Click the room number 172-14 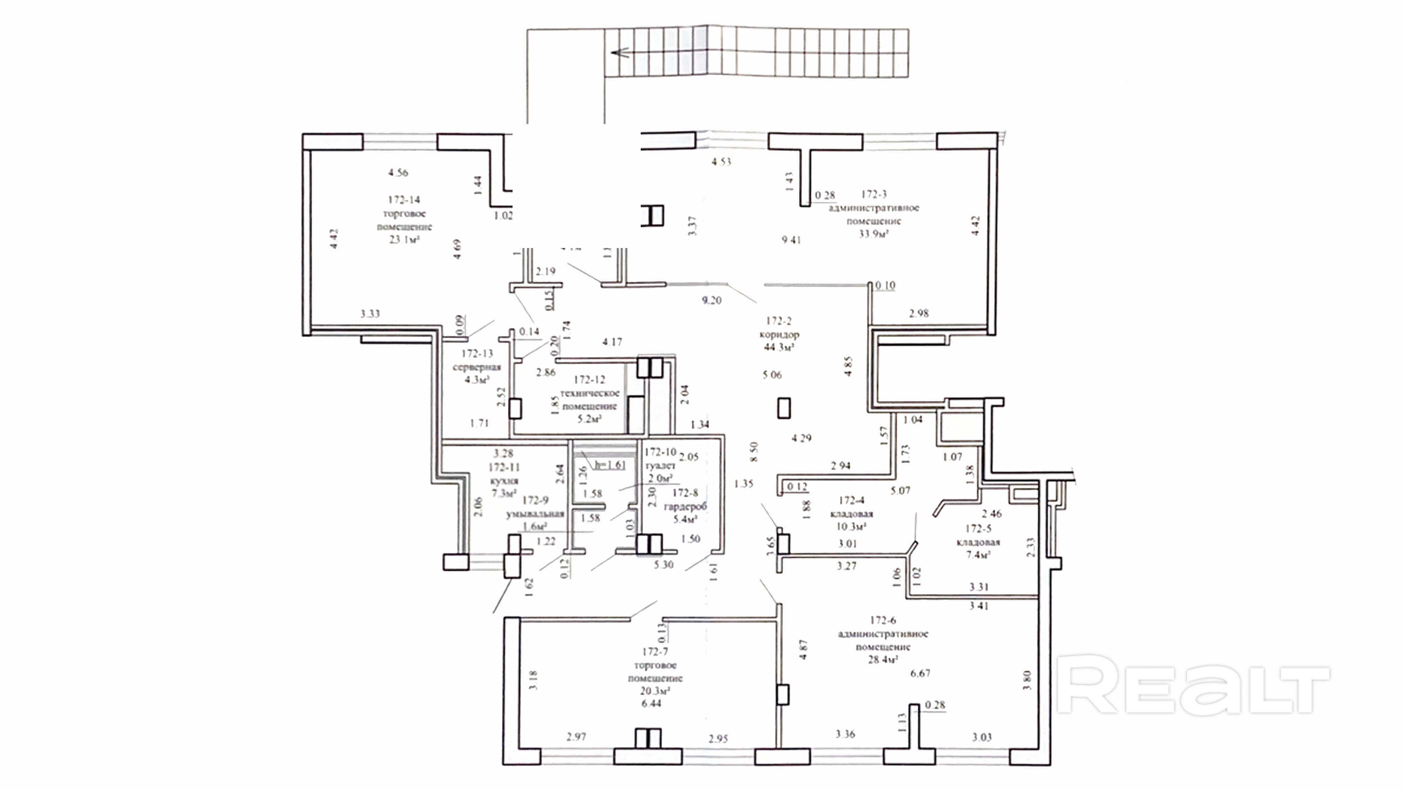(404, 200)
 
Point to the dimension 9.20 (711, 300)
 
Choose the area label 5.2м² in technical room (589, 419)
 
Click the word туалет (660, 466)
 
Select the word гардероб (685, 506)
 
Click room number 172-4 (851, 500)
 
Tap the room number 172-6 (882, 620)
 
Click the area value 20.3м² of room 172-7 (655, 691)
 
